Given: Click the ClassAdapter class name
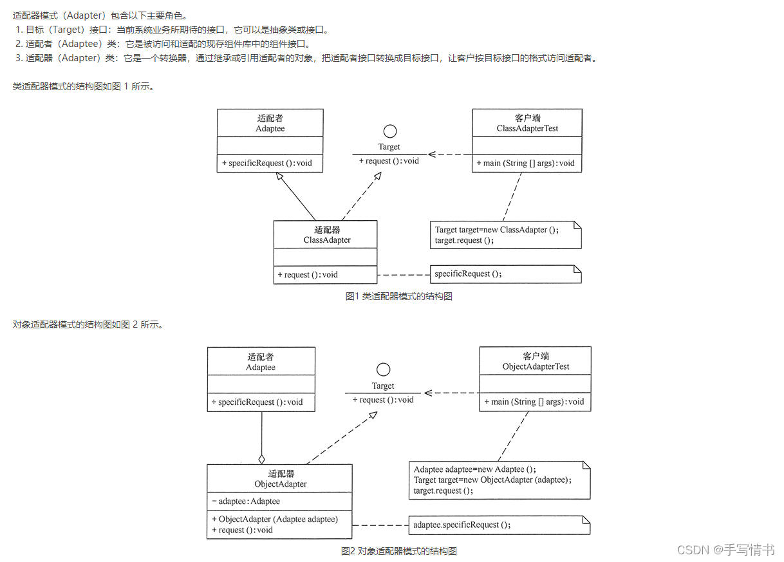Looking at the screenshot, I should pos(327,240).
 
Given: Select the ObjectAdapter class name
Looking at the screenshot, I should pos(281,484).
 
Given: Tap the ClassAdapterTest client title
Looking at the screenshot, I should pos(527,128).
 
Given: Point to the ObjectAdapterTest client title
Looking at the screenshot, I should pos(536,366).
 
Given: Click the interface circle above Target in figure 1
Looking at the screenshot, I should pos(389,131).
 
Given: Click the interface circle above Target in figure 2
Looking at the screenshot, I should pos(383,370).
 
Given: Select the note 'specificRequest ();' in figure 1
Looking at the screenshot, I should pos(468,274).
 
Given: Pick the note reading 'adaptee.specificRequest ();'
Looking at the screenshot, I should pos(462,525).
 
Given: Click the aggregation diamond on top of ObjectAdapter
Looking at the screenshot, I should pos(261,459).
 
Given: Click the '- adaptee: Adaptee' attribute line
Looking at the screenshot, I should pos(246,501).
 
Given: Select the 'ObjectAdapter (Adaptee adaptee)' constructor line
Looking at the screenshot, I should pos(274,519).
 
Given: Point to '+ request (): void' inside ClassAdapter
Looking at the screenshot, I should pos(308,274).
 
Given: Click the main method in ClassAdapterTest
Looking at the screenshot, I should pos(525,163).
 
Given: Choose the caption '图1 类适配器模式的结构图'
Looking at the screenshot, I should pos(398,296).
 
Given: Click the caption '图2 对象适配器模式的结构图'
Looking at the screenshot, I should pos(398,551).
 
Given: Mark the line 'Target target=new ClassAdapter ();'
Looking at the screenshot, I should pos(496,230).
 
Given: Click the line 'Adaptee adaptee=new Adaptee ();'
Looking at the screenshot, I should pos(474,469).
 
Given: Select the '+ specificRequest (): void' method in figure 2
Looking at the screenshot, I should pos(257,402).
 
